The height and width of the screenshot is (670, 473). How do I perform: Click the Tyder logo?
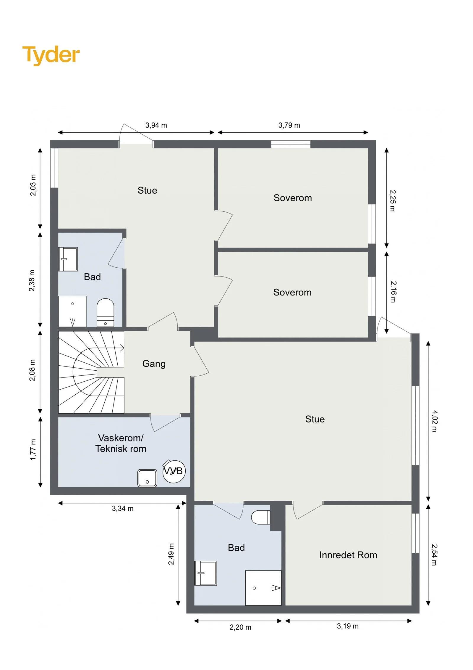click(51, 55)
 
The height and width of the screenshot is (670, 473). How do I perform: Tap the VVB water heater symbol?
click(174, 471)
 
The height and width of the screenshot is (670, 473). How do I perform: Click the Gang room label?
click(154, 364)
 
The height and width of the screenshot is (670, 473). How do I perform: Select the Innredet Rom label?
click(348, 555)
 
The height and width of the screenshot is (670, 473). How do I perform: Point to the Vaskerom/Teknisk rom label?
click(121, 443)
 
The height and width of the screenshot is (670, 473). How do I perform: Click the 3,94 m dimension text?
click(156, 125)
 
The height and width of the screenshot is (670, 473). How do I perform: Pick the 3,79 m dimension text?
click(289, 125)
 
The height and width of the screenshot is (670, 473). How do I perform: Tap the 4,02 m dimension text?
click(434, 421)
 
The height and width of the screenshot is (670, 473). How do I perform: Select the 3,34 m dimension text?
click(123, 509)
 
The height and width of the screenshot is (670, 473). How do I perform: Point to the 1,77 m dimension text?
click(33, 450)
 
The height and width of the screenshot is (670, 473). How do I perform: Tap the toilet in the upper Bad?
click(105, 313)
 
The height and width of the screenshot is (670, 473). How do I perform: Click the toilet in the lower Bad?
click(260, 517)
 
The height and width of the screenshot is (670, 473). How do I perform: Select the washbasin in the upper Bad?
click(68, 259)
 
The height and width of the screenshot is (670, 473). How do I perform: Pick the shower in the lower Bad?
click(263, 588)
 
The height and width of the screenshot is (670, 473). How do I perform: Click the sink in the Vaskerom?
click(147, 478)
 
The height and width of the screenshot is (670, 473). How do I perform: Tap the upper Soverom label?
click(293, 198)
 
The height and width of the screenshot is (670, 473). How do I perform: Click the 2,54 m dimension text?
click(434, 555)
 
